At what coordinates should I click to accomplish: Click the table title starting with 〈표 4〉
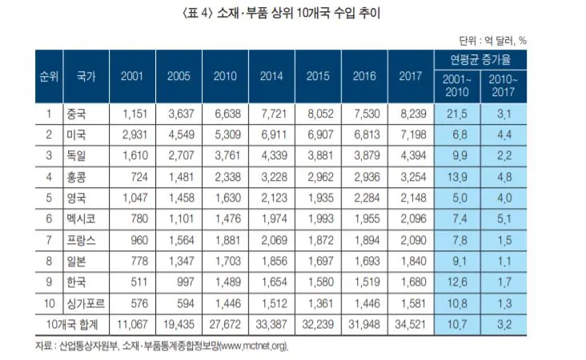point(293,15)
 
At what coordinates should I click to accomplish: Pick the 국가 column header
point(86,77)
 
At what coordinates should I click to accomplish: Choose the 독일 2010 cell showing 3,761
point(227,157)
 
